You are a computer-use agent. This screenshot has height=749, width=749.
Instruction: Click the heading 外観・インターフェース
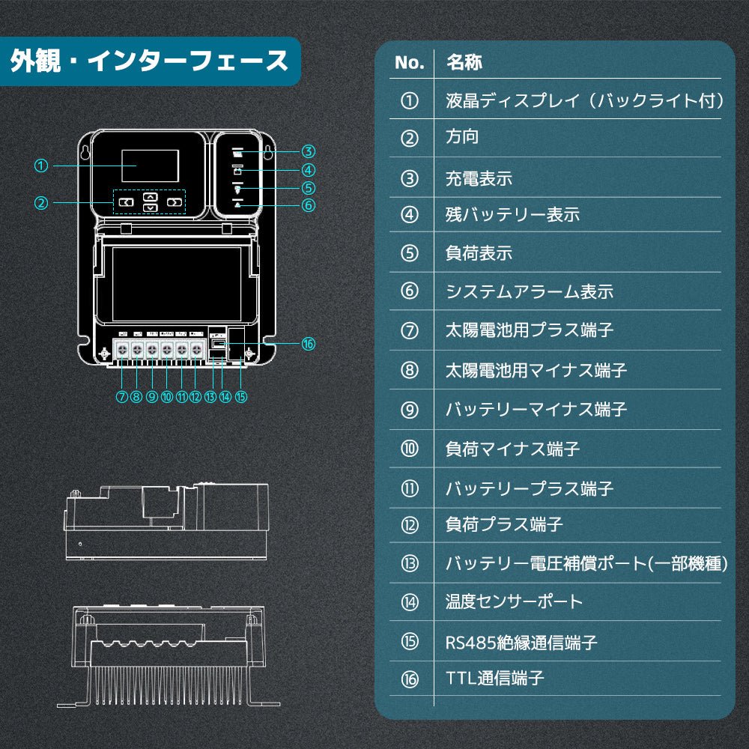[149, 61]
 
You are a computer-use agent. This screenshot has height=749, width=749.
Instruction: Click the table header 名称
[464, 62]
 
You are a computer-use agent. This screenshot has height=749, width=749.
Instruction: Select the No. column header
[409, 63]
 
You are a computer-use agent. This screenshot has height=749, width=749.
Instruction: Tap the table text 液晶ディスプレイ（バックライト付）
[584, 100]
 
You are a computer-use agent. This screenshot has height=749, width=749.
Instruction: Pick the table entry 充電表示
[479, 178]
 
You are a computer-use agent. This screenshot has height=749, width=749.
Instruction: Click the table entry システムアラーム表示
[529, 291]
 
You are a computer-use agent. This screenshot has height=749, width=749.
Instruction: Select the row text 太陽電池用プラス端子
[529, 330]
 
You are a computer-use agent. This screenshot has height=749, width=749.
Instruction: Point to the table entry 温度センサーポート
[514, 601]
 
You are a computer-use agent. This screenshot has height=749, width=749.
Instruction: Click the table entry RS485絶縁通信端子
[521, 642]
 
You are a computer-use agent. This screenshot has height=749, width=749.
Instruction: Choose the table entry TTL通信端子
[494, 679]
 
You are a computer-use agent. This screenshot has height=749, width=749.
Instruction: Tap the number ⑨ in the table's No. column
[409, 410]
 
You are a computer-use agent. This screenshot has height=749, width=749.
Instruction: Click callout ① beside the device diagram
[42, 166]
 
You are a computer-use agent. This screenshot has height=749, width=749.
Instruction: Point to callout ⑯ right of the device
[308, 344]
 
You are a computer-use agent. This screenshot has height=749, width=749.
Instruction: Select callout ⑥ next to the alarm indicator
[309, 204]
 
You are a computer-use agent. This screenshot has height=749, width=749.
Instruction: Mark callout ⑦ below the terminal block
[122, 397]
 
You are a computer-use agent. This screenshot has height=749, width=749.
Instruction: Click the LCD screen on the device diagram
[150, 166]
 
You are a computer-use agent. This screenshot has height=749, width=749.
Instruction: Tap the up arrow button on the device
[151, 195]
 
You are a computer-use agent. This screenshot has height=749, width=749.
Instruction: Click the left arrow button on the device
[127, 202]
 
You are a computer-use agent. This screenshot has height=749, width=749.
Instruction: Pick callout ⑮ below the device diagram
[240, 397]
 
